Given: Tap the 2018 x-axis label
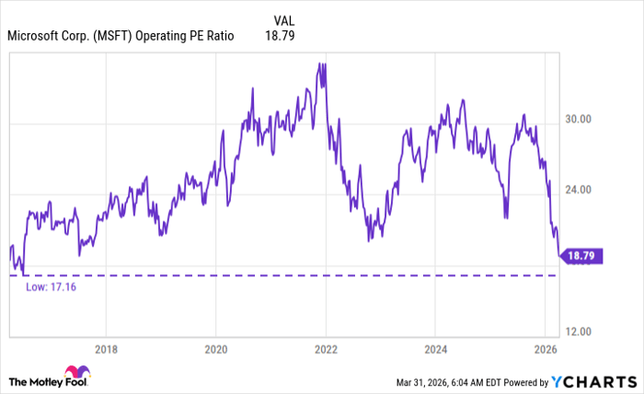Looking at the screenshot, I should coord(106,349).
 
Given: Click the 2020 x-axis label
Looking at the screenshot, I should coord(215,349).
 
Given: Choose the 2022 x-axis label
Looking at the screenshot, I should coord(326,349).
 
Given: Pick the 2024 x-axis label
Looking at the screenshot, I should coord(436,349).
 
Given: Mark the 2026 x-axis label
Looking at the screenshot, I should coord(546,349).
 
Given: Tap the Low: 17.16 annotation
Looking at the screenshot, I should coord(52,287).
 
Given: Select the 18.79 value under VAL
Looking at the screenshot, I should coord(281,37).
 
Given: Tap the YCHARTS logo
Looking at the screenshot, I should coord(593,381).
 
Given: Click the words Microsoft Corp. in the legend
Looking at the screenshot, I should coord(44,37).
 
